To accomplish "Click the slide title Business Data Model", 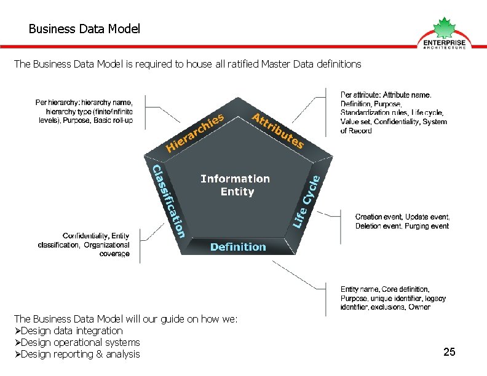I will pyautogui.click(x=84, y=29).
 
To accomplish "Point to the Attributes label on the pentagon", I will pyautogui.click(x=278, y=130).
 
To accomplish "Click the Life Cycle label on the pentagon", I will pyautogui.click(x=307, y=200).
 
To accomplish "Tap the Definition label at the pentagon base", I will pyautogui.click(x=238, y=247).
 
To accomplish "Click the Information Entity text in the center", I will pyautogui.click(x=236, y=185).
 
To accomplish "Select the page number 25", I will pyautogui.click(x=449, y=352).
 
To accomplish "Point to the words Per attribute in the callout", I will pyautogui.click(x=360, y=95).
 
